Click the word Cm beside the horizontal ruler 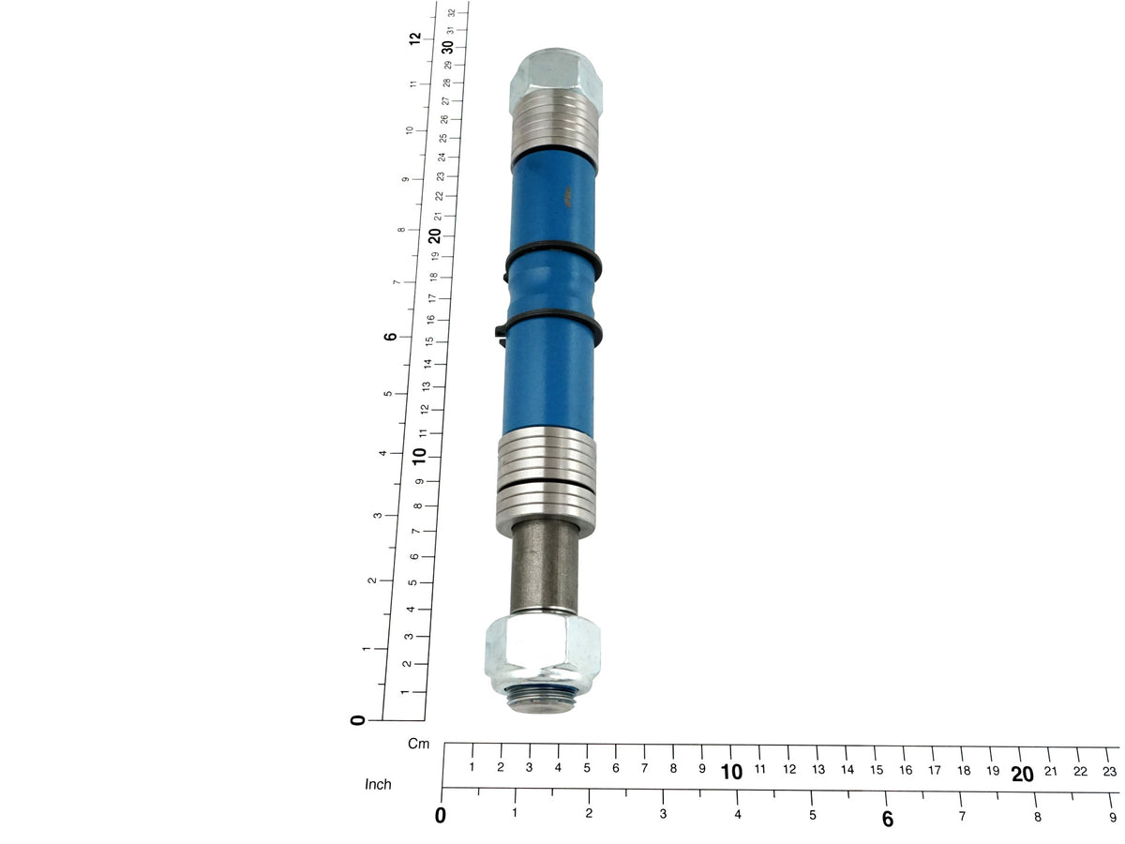click(x=418, y=744)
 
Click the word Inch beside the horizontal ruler click(x=378, y=784)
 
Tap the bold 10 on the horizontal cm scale click(x=731, y=772)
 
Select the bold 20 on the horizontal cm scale click(x=1022, y=775)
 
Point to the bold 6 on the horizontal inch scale click(x=888, y=819)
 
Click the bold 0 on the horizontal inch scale click(x=441, y=816)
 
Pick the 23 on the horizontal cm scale click(x=1109, y=772)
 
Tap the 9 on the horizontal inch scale click(x=1113, y=818)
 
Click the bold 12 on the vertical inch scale click(x=414, y=38)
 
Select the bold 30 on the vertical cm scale click(x=447, y=47)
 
